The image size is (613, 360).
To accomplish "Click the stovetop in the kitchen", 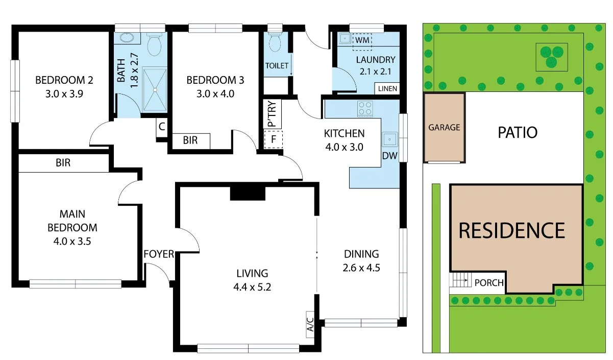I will (365, 108).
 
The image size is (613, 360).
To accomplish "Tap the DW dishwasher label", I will (389, 156).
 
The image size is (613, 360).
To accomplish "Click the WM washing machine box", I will (362, 39).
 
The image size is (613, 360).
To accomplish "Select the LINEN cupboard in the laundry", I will (387, 88).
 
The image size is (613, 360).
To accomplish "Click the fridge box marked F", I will (273, 139).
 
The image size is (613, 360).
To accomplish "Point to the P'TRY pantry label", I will (271, 114).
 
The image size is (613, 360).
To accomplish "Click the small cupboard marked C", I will (162, 128).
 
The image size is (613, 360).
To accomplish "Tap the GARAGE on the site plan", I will (444, 128).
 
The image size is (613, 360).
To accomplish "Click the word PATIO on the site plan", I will (517, 133).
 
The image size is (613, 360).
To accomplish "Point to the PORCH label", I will (488, 282).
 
